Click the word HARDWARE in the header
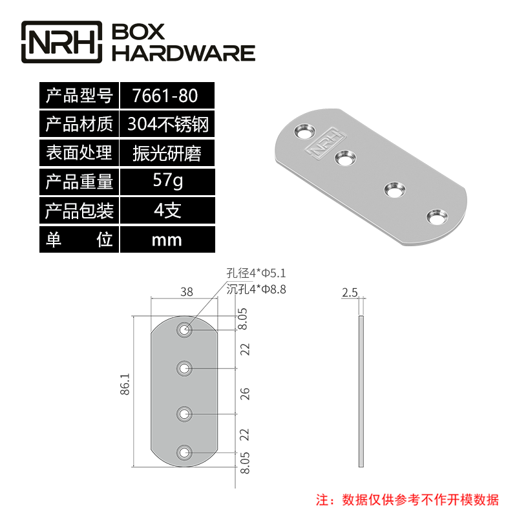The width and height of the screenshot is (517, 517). click(x=184, y=53)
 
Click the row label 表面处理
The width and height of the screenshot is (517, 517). click(x=79, y=153)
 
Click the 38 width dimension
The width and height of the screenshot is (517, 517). click(x=186, y=292)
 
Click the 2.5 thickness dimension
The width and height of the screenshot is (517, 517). click(x=350, y=293)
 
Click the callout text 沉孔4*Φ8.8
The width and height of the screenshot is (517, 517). click(x=257, y=290)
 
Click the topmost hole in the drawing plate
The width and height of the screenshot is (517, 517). click(x=185, y=330)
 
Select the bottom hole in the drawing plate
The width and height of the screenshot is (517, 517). click(x=185, y=452)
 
